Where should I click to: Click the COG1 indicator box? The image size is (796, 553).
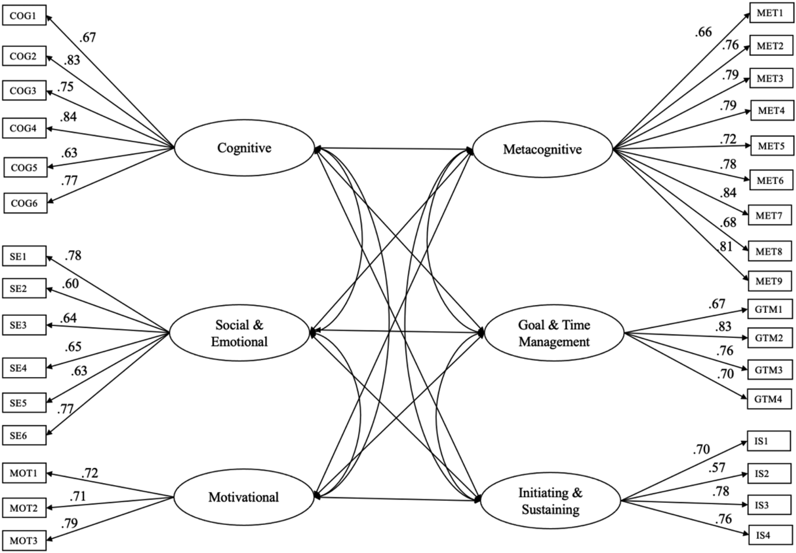[24, 15]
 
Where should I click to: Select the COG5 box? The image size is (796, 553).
[25, 167]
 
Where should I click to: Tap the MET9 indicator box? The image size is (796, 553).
[770, 281]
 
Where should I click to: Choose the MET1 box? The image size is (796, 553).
[772, 13]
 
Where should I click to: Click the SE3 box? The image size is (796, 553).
[24, 325]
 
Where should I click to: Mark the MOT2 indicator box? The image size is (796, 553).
[24, 508]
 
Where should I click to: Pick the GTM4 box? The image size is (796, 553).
[769, 399]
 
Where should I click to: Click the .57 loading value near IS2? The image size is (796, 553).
[717, 468]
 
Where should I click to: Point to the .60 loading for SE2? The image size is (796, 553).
[70, 284]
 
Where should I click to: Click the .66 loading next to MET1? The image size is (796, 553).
[703, 32]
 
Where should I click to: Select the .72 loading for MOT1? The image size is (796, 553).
[90, 473]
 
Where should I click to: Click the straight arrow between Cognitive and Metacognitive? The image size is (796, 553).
[393, 149]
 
